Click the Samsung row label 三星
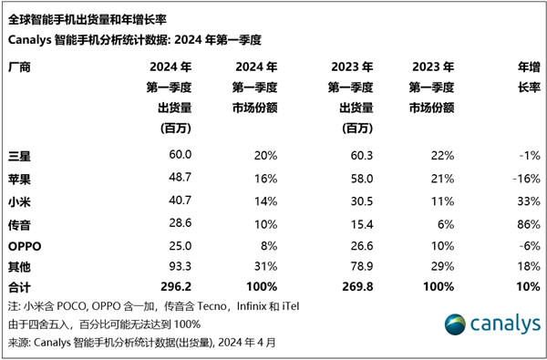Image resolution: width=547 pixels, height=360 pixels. (x=19, y=156)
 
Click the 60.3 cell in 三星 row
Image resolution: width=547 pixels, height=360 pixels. (x=358, y=156)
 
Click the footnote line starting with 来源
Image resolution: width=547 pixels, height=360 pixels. (x=141, y=343)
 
